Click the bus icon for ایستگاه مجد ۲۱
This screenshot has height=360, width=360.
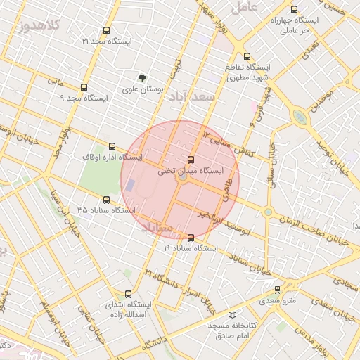pos(106,31)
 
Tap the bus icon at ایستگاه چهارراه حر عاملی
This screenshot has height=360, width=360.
pos(294,10)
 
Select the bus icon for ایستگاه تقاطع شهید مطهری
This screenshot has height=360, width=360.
pos(246,56)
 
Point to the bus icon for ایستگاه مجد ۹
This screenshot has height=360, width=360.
pos(84,88)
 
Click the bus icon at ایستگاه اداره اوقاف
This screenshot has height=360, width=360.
pos(112,146)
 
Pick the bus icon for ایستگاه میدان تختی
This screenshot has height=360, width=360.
pos(191,160)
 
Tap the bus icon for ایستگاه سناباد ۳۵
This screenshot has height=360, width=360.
pos(106,200)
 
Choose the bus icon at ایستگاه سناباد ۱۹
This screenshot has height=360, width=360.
pos(191,238)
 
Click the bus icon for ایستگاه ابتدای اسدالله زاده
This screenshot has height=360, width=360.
pos(127,294)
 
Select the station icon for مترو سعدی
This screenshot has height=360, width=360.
pos(277,289)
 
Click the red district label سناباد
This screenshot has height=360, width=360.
pos(156,228)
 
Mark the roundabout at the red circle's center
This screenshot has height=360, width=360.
pos(182,179)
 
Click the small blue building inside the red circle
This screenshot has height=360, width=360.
pos(130,186)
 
